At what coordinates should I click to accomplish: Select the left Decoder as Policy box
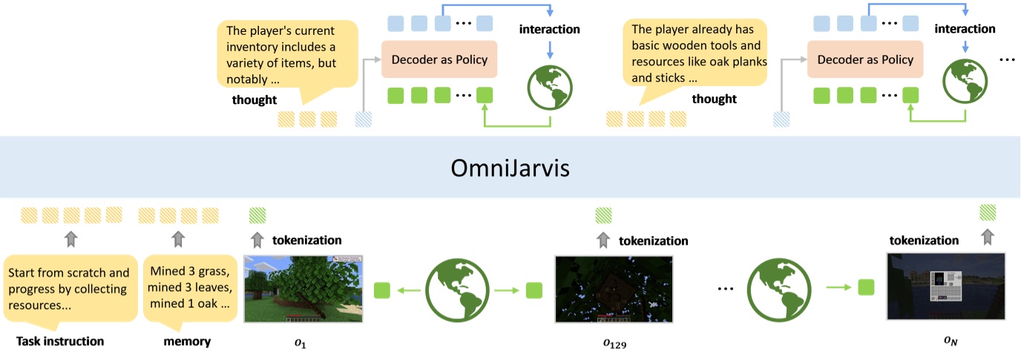click(x=439, y=59)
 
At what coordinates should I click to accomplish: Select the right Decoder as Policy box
click(x=864, y=59)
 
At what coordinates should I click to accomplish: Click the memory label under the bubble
click(x=187, y=341)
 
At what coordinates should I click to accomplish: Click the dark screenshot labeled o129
click(x=614, y=289)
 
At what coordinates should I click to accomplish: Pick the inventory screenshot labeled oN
click(x=945, y=286)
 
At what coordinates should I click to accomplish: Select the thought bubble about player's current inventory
click(x=286, y=55)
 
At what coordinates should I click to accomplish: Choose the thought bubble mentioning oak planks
click(x=698, y=55)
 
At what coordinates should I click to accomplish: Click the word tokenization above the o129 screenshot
click(x=653, y=240)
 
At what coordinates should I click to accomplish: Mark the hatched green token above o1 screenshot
click(x=257, y=215)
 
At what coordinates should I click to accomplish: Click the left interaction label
click(x=549, y=30)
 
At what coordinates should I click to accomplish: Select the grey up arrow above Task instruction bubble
click(x=70, y=239)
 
